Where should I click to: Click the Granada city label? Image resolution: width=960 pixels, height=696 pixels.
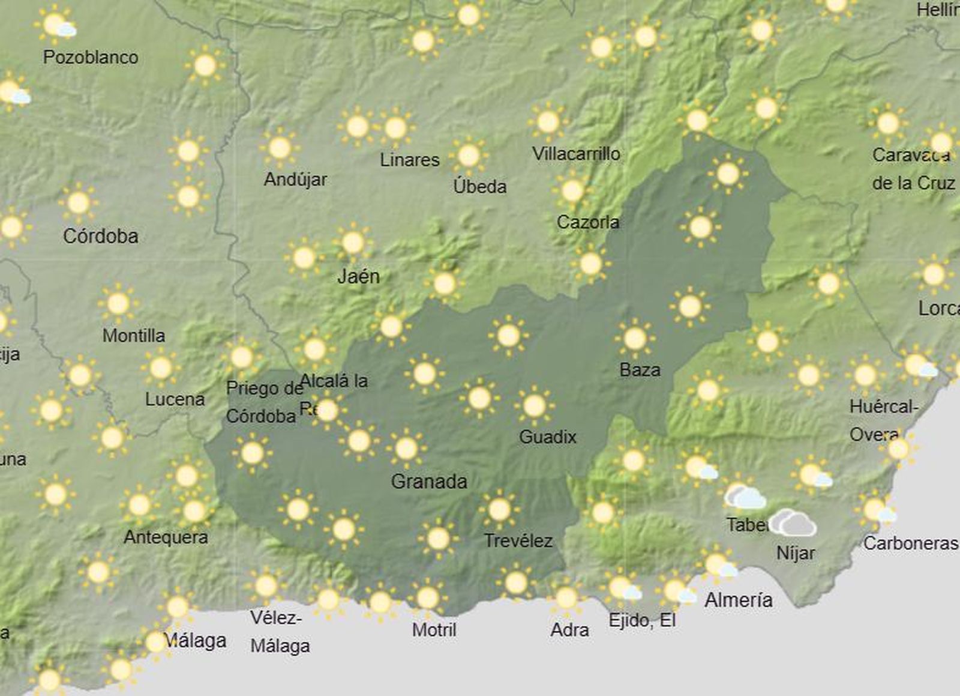tap(428, 481)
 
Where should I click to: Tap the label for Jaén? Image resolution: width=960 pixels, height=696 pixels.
tap(358, 276)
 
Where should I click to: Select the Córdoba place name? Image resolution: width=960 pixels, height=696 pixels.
tap(100, 236)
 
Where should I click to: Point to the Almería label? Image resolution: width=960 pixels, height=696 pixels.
tap(738, 599)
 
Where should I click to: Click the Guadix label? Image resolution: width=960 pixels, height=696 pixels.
tap(547, 437)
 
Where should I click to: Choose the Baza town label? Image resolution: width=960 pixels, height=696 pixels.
tap(640, 369)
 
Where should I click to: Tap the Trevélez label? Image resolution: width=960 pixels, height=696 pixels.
tap(518, 540)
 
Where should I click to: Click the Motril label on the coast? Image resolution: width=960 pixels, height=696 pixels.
tap(434, 630)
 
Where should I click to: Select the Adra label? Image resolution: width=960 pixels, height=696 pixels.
tap(569, 630)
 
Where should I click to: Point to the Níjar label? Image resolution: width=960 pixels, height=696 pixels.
tap(796, 552)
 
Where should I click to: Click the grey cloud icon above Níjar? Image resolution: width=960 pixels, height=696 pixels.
tap(793, 523)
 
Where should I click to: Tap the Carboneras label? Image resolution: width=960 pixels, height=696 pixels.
tap(910, 543)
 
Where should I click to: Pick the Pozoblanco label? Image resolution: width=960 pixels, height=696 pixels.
tap(91, 58)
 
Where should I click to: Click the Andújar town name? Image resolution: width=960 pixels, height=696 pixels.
tap(295, 179)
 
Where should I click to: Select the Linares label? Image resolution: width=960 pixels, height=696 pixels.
tap(410, 160)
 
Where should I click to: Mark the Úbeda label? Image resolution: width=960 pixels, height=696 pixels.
tap(479, 186)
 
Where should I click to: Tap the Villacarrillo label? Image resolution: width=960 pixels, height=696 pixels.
tap(576, 154)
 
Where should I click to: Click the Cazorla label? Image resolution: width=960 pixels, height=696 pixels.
tap(587, 222)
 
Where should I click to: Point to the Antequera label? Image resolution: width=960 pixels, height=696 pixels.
tap(166, 537)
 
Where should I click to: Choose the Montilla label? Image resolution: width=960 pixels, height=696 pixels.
tap(133, 335)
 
